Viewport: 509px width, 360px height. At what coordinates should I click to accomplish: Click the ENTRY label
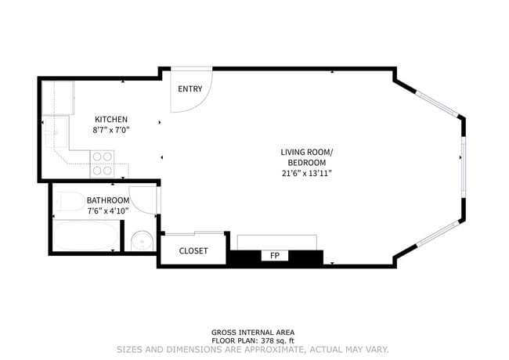pos(190,88)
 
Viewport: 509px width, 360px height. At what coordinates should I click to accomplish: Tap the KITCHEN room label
pos(111,119)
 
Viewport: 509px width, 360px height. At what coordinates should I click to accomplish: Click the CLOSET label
pos(193,250)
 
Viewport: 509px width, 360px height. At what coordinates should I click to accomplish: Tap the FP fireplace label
pos(275,256)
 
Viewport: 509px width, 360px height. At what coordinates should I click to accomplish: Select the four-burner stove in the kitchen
pos(103,164)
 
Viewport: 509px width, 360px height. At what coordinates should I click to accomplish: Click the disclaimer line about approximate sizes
pos(253,349)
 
